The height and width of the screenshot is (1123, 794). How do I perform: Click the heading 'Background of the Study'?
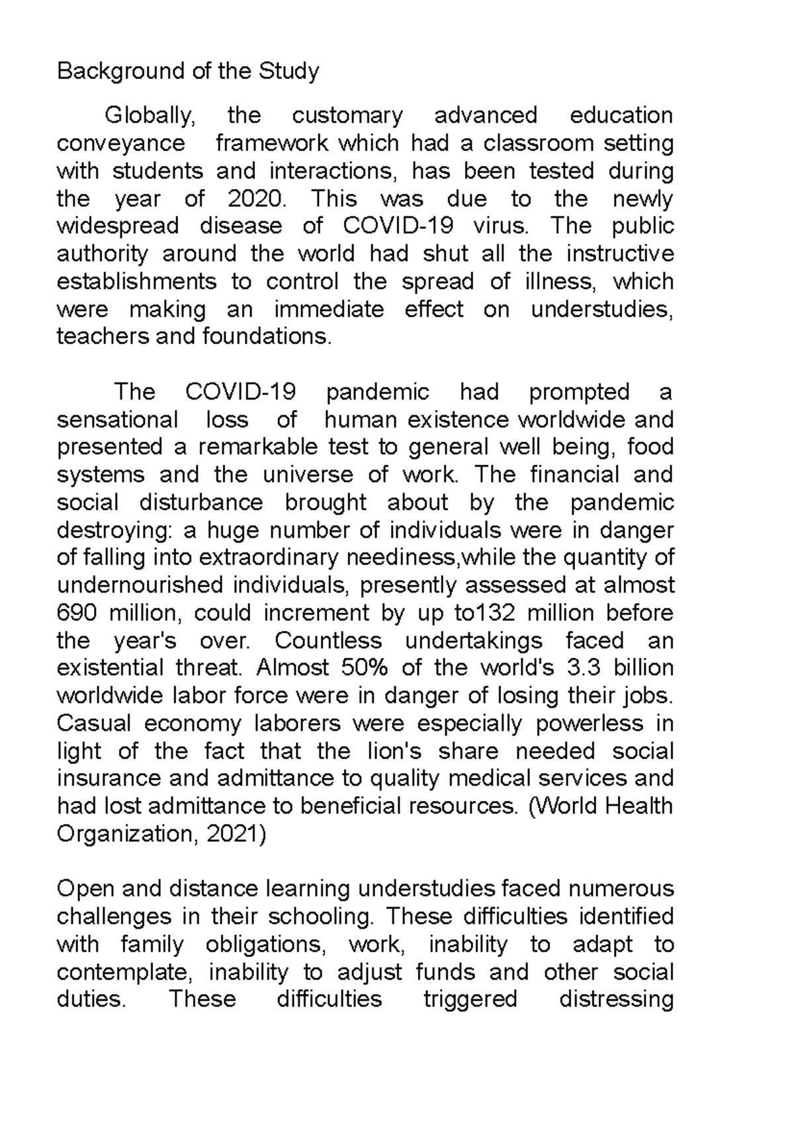[188, 71]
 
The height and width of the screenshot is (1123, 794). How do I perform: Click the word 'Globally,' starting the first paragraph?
[150, 116]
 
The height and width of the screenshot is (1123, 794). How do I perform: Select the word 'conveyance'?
[121, 144]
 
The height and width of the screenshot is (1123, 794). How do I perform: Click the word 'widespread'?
[118, 226]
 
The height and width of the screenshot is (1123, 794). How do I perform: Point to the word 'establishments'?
[137, 282]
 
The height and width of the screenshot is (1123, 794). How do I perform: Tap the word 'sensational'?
[118, 420]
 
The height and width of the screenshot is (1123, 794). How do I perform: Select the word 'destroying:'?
[115, 530]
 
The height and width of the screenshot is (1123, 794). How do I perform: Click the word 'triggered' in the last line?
[470, 999]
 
